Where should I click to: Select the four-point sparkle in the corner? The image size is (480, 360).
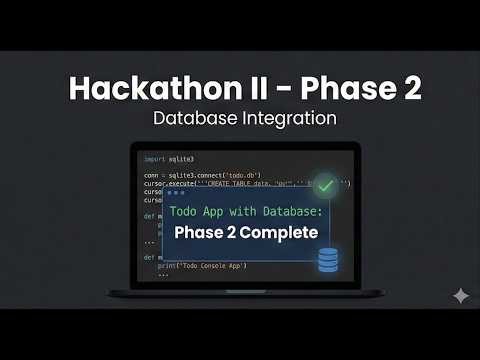(461, 296)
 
